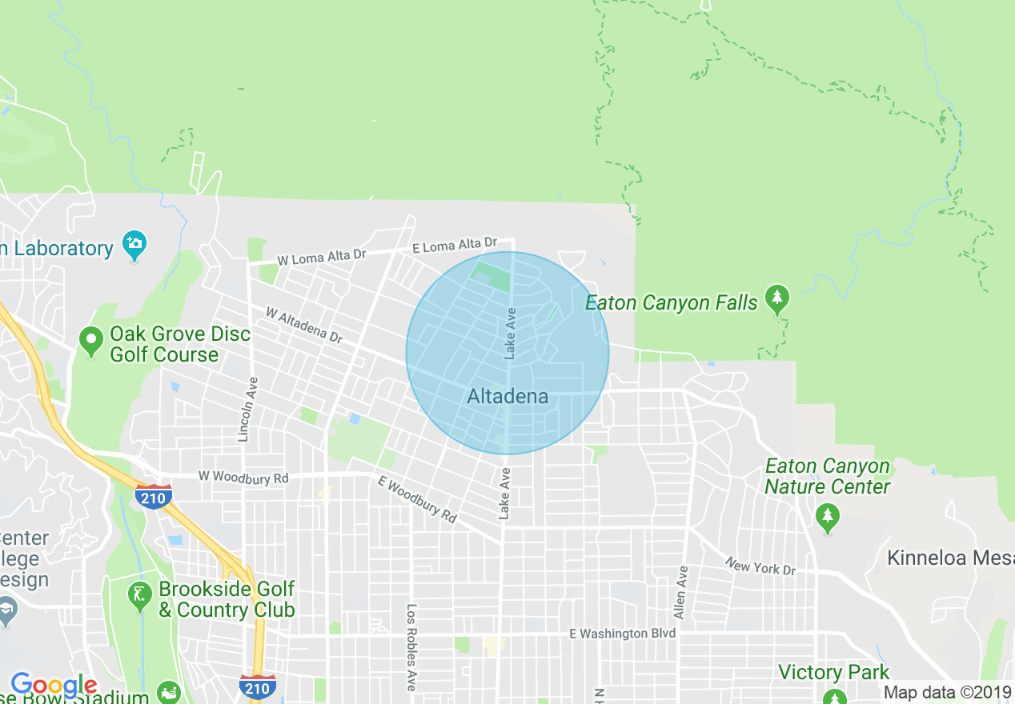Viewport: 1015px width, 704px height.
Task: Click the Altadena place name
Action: (507, 396)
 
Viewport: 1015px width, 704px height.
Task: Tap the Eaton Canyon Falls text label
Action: (671, 302)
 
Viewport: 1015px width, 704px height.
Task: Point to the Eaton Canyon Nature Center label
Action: (827, 476)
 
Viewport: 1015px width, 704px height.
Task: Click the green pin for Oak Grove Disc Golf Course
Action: (91, 342)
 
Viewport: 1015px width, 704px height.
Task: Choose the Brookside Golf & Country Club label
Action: (227, 599)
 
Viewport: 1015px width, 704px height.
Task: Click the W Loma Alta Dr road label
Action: (321, 257)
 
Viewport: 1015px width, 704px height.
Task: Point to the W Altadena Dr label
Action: (304, 325)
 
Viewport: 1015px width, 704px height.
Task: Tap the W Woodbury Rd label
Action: (243, 477)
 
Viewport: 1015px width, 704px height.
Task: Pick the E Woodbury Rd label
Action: (416, 500)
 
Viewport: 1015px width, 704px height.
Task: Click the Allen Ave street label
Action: (680, 592)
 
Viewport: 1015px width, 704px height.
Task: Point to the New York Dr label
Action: (760, 567)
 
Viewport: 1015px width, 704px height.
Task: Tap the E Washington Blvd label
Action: (622, 634)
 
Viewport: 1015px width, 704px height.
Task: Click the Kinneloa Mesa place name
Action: (950, 558)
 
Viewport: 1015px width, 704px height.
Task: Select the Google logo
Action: (54, 686)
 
